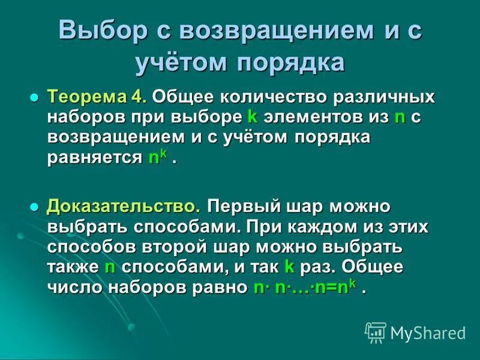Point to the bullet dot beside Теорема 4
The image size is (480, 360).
click(x=34, y=97)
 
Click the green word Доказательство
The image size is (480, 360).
click(x=124, y=206)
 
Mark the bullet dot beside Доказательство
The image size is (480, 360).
click(x=34, y=207)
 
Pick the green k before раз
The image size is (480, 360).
click(x=289, y=268)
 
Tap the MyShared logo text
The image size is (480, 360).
click(x=427, y=332)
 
